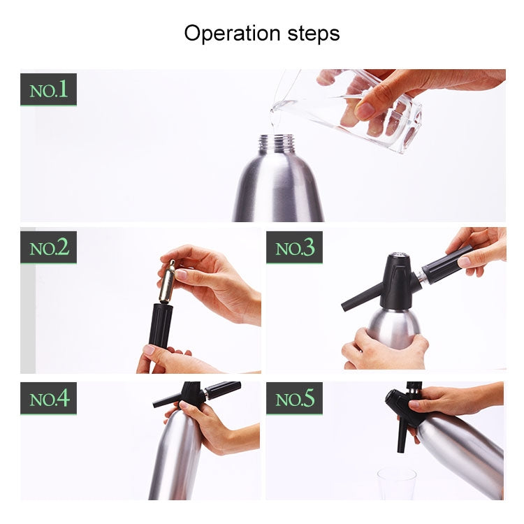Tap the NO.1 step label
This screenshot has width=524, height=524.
(48, 89)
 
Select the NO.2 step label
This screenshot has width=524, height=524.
(48, 247)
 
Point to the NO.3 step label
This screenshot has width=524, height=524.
(294, 247)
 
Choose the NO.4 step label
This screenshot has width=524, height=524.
(48, 398)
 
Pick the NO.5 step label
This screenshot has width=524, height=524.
(294, 398)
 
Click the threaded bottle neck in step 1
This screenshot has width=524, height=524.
(277, 144)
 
